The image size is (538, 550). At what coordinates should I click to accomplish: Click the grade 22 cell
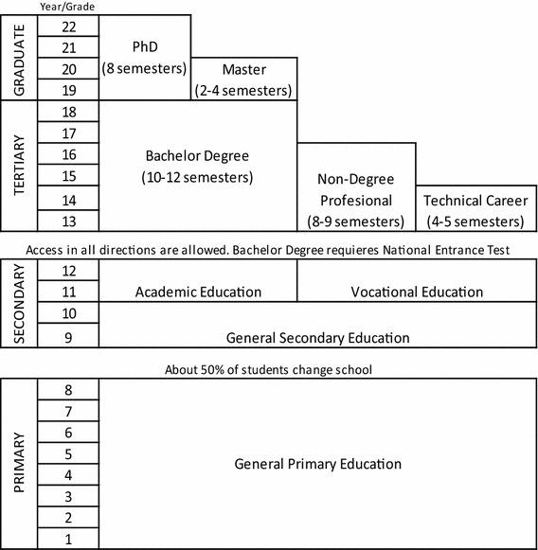click(68, 27)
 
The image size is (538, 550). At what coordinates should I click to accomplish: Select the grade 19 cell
click(68, 90)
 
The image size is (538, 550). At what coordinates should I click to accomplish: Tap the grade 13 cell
click(68, 221)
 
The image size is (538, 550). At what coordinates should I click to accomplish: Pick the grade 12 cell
click(68, 271)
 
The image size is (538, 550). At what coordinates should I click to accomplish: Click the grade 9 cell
click(68, 335)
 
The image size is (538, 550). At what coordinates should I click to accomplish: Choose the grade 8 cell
click(68, 390)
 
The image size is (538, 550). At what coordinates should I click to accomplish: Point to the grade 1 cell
click(68, 538)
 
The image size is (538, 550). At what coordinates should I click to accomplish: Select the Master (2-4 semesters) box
click(243, 80)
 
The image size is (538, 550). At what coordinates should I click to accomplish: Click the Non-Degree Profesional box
click(357, 200)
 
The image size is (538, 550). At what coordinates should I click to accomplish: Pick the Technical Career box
click(474, 211)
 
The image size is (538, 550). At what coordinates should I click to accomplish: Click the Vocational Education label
click(417, 292)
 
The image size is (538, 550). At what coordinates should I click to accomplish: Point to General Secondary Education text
click(317, 337)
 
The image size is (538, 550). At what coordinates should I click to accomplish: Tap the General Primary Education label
click(317, 464)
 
